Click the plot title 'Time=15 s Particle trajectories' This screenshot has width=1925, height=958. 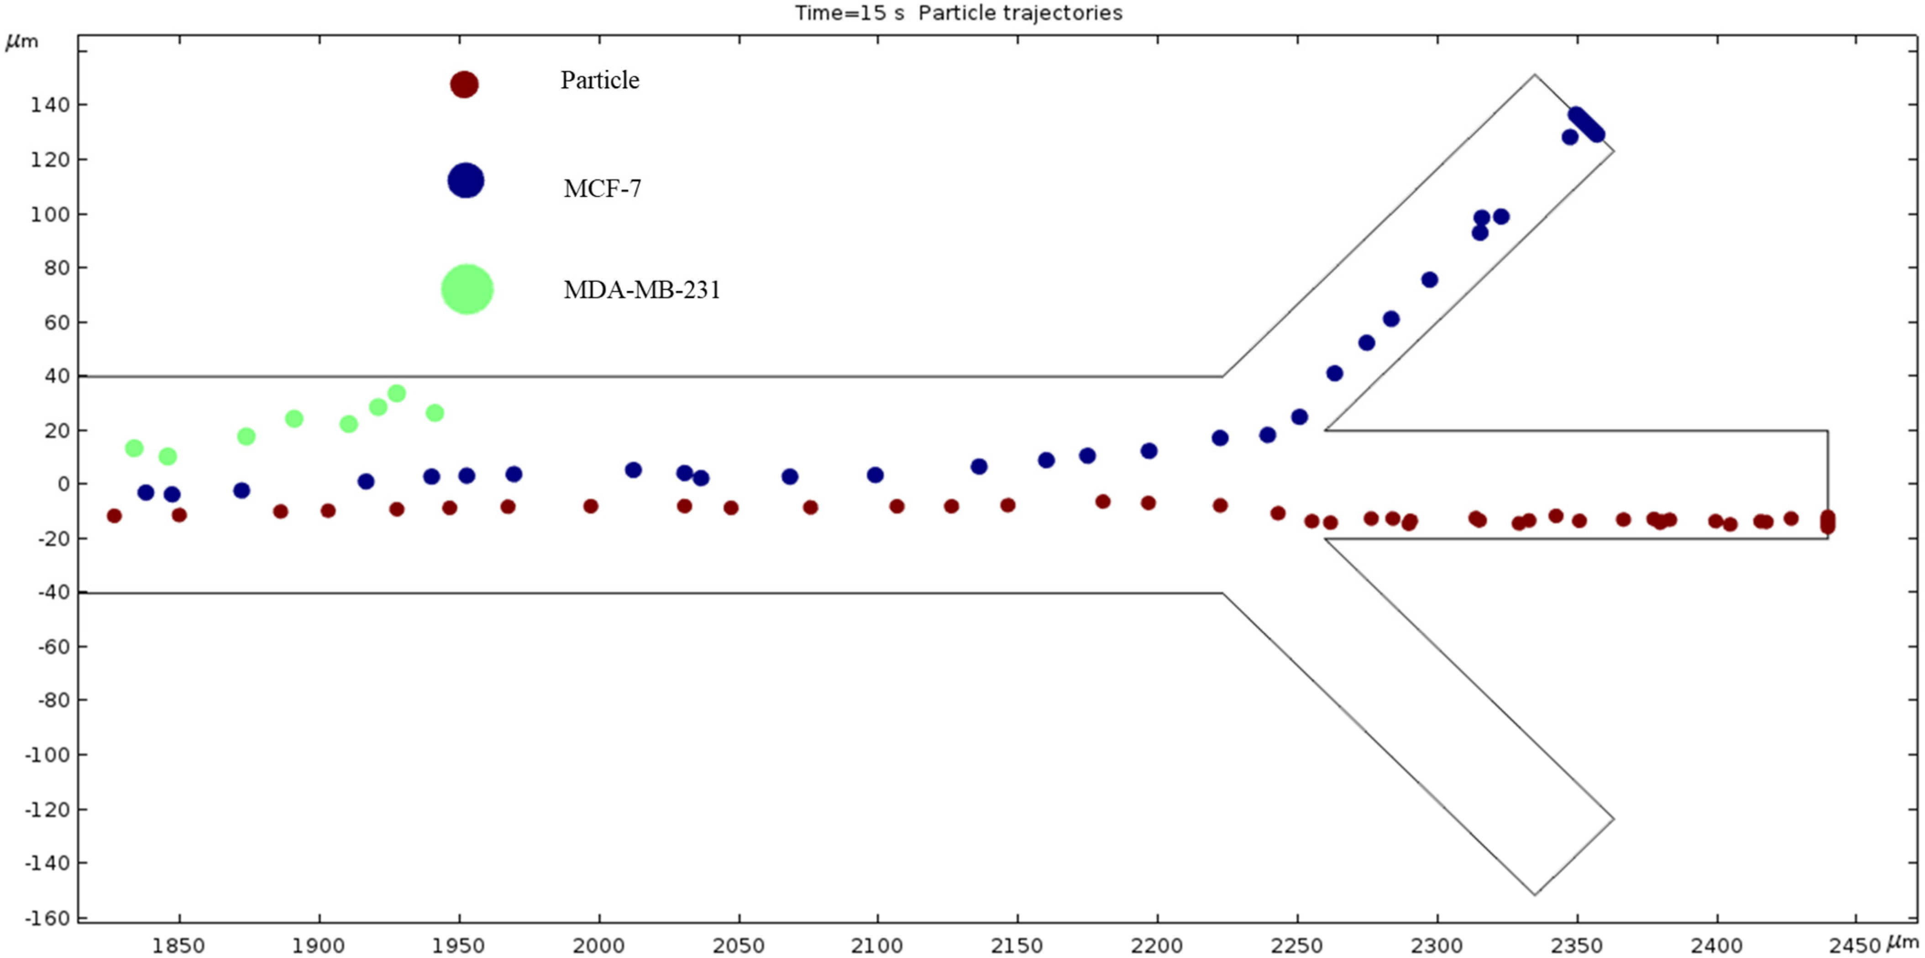coord(958,13)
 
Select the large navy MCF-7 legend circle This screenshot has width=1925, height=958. coord(466,181)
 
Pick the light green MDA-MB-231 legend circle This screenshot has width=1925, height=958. coord(467,289)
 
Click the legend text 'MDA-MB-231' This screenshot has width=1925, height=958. coord(642,290)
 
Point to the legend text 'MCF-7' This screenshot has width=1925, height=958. coord(602,188)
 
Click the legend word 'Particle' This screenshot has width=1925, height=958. coord(600,80)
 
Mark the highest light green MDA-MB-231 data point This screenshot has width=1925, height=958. coord(397,393)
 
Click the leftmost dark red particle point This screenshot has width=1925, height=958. coord(114,516)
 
